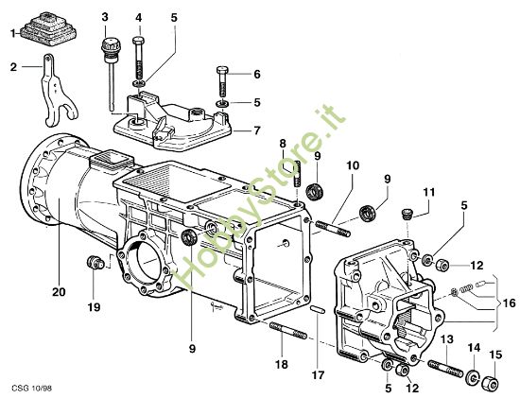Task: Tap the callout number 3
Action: (104, 18)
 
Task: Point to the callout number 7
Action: (255, 131)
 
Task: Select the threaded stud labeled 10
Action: (330, 226)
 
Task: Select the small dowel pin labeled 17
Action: (318, 308)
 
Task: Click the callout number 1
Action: (13, 33)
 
